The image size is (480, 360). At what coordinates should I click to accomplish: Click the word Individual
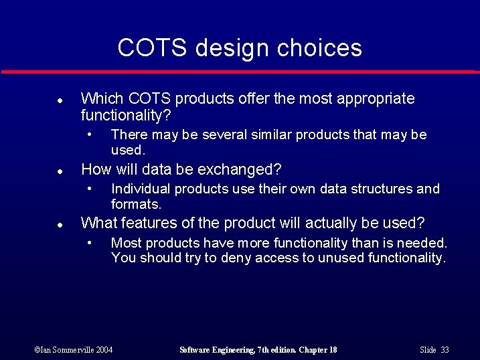(x=139, y=189)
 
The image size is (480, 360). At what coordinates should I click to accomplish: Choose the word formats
(x=136, y=204)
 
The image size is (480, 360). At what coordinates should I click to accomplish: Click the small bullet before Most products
(x=89, y=242)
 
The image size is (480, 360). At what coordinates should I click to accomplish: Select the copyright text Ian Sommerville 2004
(x=74, y=350)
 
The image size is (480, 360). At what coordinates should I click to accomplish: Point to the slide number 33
(x=445, y=350)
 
